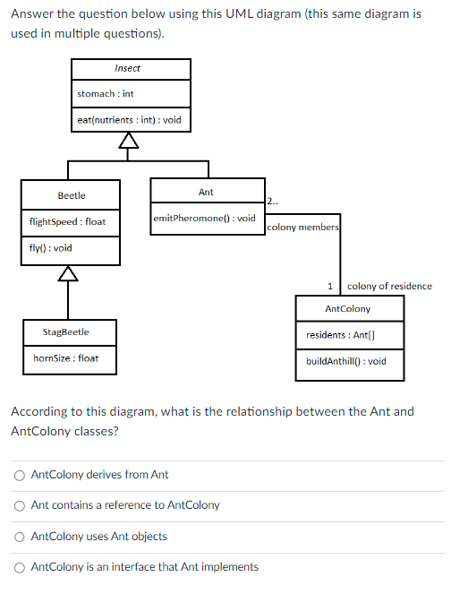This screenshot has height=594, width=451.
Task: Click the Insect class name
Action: (127, 69)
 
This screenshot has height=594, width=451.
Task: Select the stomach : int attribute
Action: (105, 93)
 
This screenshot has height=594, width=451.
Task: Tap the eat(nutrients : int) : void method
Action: (129, 119)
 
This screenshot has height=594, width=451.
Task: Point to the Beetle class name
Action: (72, 195)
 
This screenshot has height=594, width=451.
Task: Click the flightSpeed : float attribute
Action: (67, 221)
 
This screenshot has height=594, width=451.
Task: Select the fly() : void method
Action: (51, 247)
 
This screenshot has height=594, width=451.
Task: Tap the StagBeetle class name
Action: (66, 332)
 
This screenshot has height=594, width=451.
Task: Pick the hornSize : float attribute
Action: (64, 358)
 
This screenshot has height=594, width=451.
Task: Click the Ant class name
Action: (206, 192)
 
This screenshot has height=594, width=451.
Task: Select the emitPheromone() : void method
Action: (205, 218)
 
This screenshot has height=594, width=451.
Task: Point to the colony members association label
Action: (302, 228)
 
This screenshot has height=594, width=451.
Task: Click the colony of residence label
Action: (389, 287)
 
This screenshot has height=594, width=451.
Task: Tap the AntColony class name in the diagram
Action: (348, 309)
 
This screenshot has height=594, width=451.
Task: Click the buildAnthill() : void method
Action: (346, 361)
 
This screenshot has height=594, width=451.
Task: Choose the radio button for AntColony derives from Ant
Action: (19, 475)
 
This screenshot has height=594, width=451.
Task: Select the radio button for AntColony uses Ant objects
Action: (19, 537)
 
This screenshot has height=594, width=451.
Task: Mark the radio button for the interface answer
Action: (19, 567)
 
